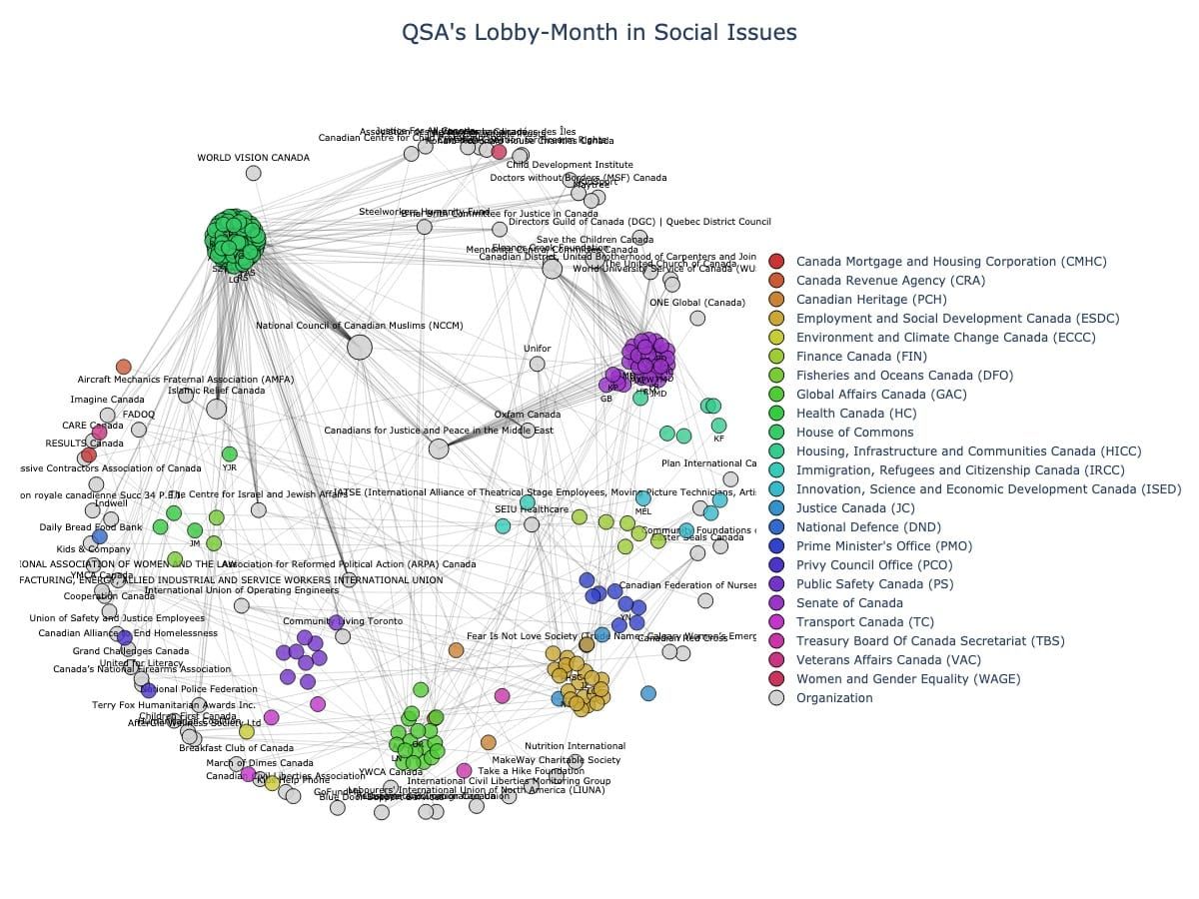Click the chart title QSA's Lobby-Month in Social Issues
tap(599, 33)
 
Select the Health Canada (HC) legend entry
tap(855, 414)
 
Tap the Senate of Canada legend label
tap(849, 603)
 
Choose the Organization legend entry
tap(833, 698)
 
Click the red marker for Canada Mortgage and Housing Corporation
tap(776, 262)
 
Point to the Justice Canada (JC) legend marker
tap(776, 508)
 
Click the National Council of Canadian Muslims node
tap(360, 347)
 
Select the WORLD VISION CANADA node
tap(254, 173)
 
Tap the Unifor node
tap(538, 364)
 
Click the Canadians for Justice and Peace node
tap(439, 449)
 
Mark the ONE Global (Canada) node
tap(697, 318)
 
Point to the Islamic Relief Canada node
tap(217, 409)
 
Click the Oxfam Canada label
tap(528, 415)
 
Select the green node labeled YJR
tap(230, 454)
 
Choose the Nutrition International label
tap(575, 746)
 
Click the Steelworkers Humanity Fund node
tap(425, 227)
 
